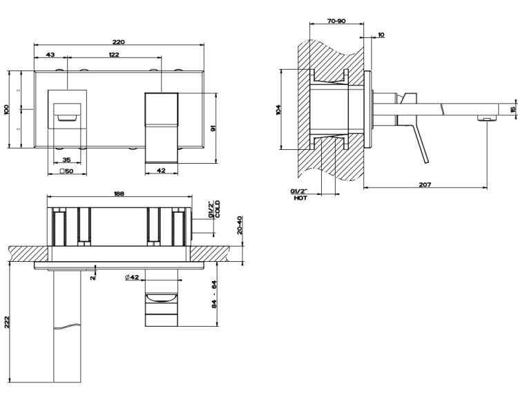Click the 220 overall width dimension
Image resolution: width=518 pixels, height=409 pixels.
[119, 42]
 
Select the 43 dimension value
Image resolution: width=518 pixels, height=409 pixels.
[50, 55]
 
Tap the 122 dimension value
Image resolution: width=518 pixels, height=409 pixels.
[114, 55]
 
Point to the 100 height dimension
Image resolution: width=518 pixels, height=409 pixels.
[7, 110]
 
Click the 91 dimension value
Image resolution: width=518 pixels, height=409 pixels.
[213, 129]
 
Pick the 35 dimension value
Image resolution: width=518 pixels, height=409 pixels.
[67, 160]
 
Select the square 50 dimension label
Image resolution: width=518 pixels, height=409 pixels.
[66, 171]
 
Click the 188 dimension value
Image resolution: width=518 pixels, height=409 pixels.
[119, 193]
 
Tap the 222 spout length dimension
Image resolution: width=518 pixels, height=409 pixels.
[7, 323]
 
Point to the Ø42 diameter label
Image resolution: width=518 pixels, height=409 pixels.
[132, 278]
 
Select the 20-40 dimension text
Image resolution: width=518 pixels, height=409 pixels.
[240, 225]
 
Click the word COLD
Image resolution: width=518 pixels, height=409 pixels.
[218, 209]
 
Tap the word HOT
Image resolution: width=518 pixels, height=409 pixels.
[300, 198]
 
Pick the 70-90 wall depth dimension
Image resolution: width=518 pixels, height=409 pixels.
[336, 21]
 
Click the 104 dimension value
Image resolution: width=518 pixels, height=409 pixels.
[278, 110]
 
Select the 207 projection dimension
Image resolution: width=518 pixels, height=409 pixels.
[425, 184]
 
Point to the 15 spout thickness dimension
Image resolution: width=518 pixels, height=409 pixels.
[512, 109]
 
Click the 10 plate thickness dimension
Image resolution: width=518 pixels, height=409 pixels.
[381, 35]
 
